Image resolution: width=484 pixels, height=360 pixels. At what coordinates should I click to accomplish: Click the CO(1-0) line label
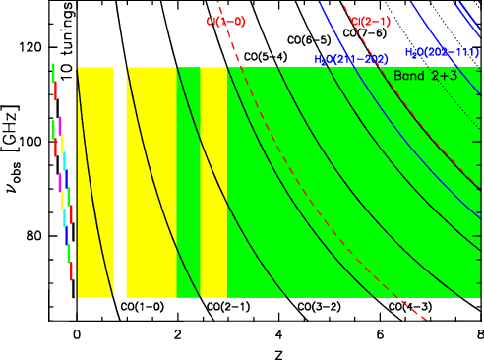(x=142, y=306)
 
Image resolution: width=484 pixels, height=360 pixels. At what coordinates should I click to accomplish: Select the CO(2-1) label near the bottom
(x=228, y=306)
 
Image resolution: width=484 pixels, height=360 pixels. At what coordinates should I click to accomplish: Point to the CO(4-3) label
(x=409, y=306)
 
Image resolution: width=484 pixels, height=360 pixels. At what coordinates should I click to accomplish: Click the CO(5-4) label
(x=266, y=56)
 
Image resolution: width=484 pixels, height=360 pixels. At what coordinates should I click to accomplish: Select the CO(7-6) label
(x=362, y=32)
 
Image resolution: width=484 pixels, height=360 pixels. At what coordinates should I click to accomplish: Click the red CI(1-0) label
(x=225, y=21)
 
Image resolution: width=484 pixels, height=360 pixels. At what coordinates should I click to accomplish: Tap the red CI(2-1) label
(x=371, y=21)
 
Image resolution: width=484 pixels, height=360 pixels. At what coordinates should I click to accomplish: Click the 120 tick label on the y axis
(x=36, y=47)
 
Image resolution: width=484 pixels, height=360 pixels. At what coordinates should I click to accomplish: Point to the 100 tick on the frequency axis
(x=36, y=142)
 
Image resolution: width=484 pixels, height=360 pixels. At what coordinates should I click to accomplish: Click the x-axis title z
(x=278, y=350)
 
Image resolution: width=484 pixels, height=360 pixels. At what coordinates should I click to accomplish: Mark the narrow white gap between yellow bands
(x=119, y=182)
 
